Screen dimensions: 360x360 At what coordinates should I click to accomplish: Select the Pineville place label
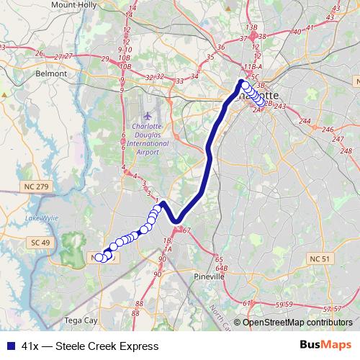pyautogui.click(x=210, y=276)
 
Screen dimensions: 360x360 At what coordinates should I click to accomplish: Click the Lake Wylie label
pyautogui.click(x=40, y=217)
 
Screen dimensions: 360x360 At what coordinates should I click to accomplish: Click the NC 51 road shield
pyautogui.click(x=318, y=258)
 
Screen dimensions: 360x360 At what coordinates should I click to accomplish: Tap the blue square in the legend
pyautogui.click(x=10, y=346)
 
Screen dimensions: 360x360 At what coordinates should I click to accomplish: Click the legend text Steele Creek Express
pyautogui.click(x=111, y=346)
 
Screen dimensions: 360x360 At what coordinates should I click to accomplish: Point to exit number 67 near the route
pyautogui.click(x=187, y=230)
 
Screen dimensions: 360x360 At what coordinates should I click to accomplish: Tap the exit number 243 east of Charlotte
pyautogui.click(x=280, y=107)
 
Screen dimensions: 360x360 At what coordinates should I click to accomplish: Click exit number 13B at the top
pyautogui.click(x=251, y=27)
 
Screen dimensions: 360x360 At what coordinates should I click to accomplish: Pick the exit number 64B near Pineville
pyautogui.click(x=221, y=268)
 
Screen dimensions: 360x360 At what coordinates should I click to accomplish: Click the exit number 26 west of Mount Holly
pyautogui.click(x=38, y=53)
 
